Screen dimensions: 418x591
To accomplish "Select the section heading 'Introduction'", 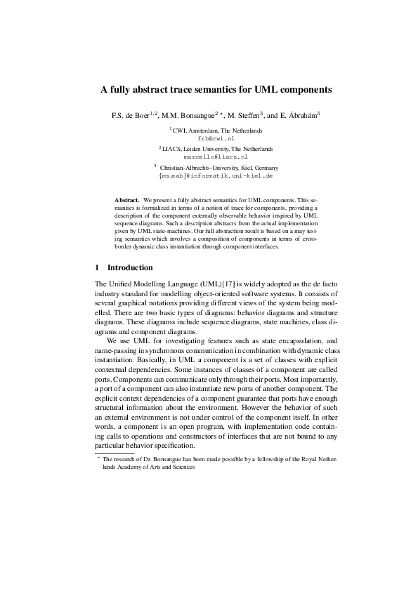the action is pyautogui.click(x=129, y=267).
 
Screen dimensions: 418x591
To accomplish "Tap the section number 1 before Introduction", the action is pyautogui.click(x=97, y=267).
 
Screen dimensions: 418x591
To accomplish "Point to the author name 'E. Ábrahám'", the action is pyautogui.click(x=299, y=114).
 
